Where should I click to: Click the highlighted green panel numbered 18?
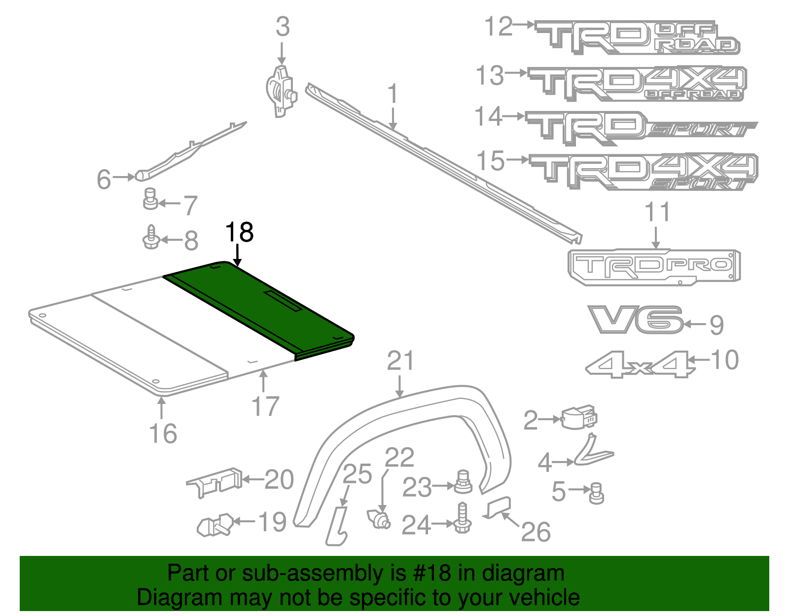256,306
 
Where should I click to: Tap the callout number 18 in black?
239,232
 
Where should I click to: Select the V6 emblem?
635,320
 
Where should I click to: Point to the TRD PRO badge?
654,266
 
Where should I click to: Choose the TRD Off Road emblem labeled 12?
636,37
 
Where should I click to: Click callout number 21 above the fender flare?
400,362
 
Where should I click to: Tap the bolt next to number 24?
462,518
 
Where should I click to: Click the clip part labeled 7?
150,199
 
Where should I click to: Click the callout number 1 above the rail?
393,94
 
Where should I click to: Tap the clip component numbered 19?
215,525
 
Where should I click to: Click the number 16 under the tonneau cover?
163,434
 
